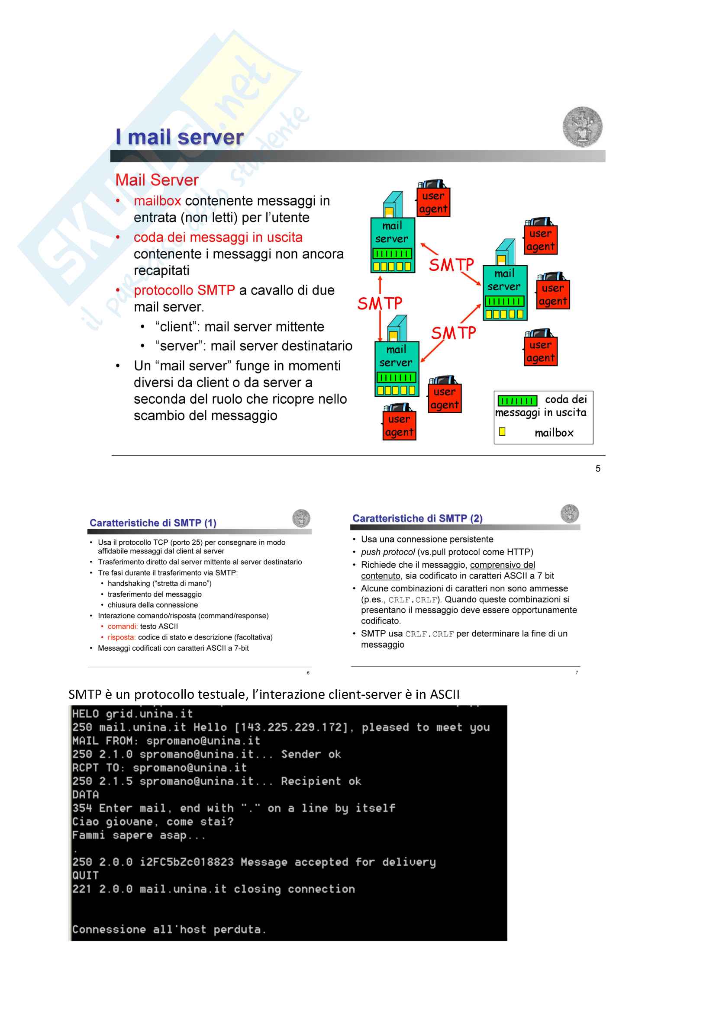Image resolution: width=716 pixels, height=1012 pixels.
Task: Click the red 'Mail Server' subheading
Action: (157, 180)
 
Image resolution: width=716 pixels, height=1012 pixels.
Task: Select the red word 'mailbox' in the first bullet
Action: (158, 201)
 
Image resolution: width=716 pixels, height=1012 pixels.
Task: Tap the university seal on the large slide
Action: (582, 127)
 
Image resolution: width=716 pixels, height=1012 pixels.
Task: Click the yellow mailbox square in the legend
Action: (502, 431)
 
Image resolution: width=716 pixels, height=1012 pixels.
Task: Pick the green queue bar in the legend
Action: (517, 400)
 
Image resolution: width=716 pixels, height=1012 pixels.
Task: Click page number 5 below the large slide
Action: (598, 469)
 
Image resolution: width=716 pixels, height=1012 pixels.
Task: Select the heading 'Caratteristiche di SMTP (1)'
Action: (152, 523)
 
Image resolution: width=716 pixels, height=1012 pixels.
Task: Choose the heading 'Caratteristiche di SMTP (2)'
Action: (417, 518)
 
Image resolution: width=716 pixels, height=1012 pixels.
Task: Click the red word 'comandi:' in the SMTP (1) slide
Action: (123, 626)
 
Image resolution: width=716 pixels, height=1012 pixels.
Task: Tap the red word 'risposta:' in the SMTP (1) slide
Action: (121, 637)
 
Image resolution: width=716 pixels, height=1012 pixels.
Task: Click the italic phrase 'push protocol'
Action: (387, 552)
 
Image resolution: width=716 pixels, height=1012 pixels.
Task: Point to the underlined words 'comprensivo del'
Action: (502, 565)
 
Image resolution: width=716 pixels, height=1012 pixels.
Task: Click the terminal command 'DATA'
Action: (86, 795)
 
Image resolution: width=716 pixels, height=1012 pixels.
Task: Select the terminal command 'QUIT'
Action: (86, 875)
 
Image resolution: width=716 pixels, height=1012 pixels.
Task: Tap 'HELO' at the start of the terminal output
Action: (86, 714)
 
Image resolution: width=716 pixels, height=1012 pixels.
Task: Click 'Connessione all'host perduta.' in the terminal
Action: (169, 929)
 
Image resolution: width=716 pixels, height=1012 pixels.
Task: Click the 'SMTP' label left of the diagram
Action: (380, 304)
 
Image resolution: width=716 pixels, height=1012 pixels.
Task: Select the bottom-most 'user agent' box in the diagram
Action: (399, 425)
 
